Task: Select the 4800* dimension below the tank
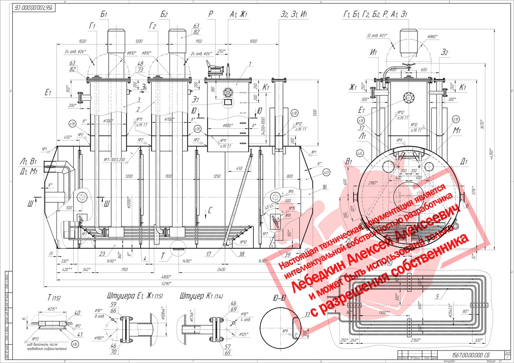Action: click(x=166, y=277)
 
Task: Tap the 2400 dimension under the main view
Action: click(x=221, y=269)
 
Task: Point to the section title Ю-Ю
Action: click(x=279, y=298)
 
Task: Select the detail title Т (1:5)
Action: click(x=54, y=298)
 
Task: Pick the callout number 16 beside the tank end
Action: click(x=325, y=187)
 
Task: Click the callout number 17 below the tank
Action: click(x=209, y=254)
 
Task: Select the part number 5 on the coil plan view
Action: click(x=437, y=296)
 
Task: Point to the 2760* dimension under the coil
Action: click(x=415, y=340)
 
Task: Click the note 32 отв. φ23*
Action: click(x=377, y=36)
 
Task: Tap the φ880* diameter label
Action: click(x=433, y=37)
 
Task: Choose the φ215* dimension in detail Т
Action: click(x=52, y=309)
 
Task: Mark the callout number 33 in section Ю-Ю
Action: click(x=307, y=314)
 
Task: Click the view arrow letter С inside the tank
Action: click(x=210, y=210)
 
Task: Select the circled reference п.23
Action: click(x=326, y=173)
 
